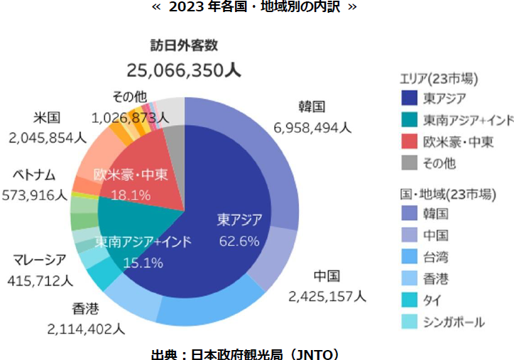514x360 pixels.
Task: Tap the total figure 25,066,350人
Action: tap(184, 70)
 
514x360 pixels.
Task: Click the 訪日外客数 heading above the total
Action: tap(184, 46)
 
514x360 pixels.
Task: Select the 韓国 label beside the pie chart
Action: tap(312, 107)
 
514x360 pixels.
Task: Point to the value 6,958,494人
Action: tap(312, 128)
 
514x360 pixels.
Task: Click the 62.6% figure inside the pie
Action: tap(239, 240)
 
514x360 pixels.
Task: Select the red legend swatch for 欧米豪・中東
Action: tap(408, 141)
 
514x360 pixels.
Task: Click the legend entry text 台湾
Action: tap(435, 256)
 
